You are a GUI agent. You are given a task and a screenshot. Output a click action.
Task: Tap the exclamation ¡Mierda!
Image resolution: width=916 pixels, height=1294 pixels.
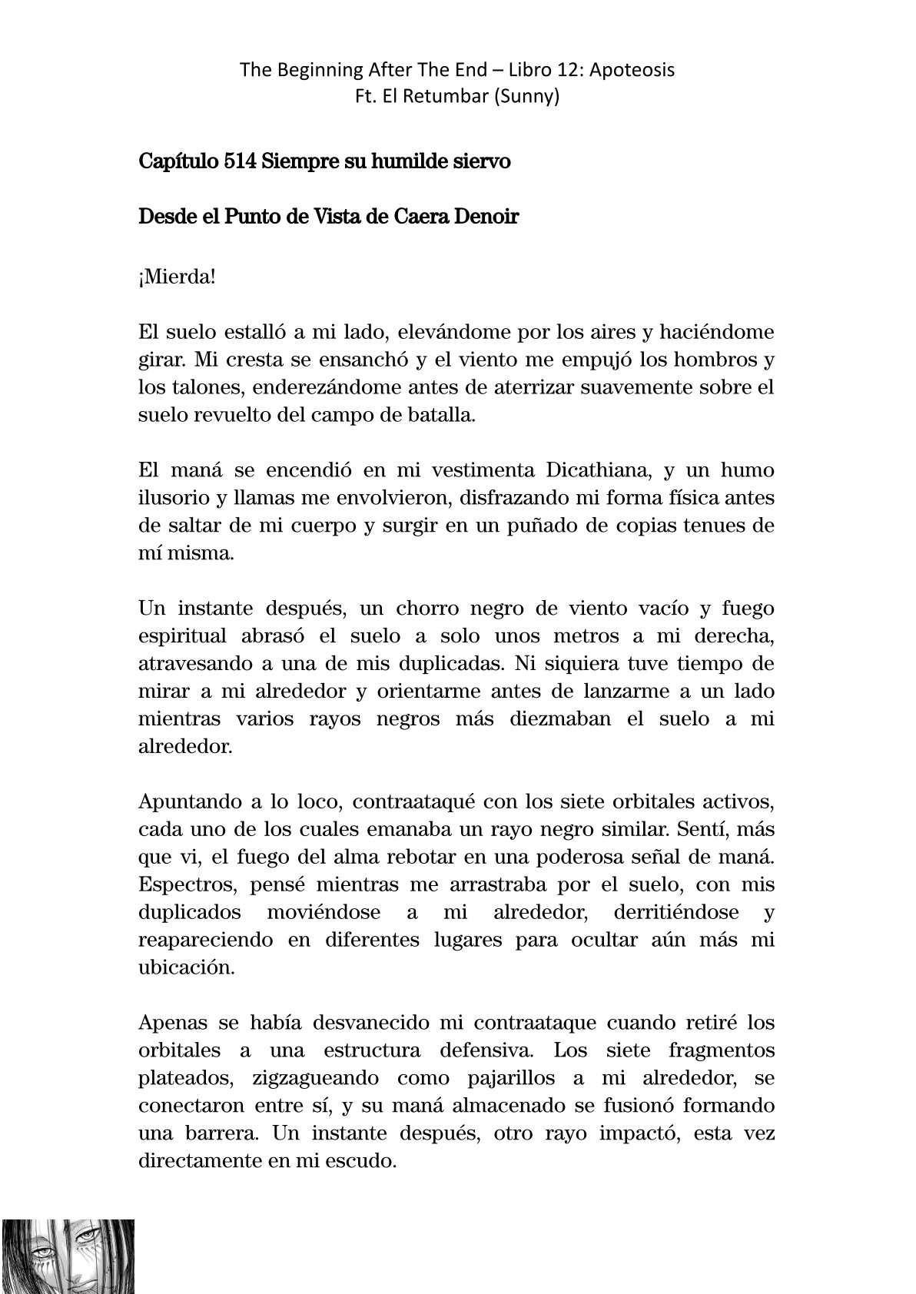pyautogui.click(x=177, y=277)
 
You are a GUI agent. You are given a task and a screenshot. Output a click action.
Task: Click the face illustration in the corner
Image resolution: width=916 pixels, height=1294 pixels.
pyautogui.click(x=68, y=1256)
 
